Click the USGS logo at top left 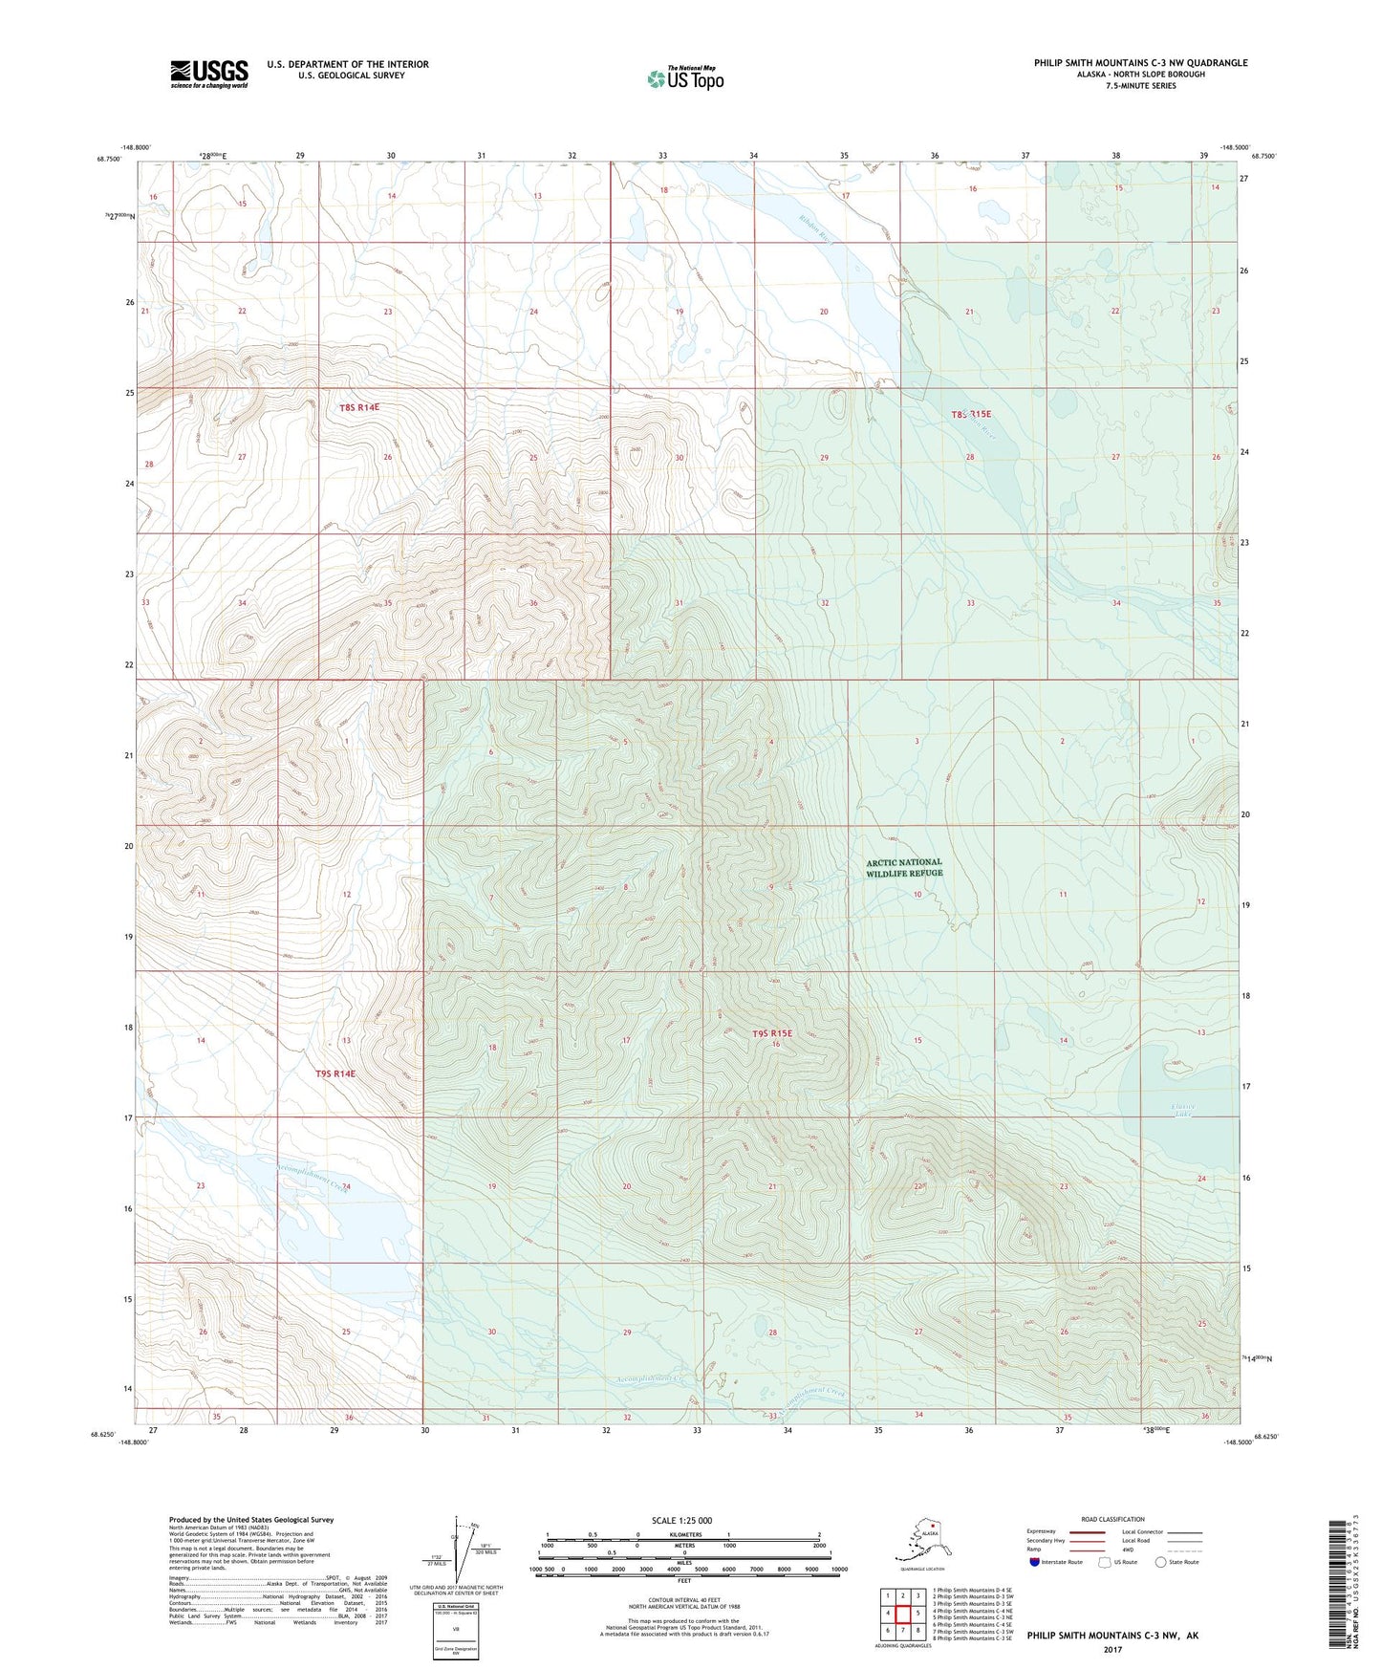pos(208,74)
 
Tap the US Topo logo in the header pos(684,78)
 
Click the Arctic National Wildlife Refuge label pos(904,867)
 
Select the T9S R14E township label pos(335,1073)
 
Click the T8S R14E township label pos(359,407)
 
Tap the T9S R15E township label pos(772,1033)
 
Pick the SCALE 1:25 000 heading pos(681,1521)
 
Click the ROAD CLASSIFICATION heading pos(1112,1519)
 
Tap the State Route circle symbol pos(1160,1562)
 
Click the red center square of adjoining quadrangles pos(902,1614)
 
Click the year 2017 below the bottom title pos(1111,1649)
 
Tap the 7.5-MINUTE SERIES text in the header pos(1140,86)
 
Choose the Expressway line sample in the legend pos(1087,1532)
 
